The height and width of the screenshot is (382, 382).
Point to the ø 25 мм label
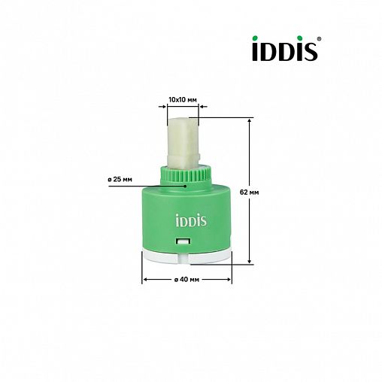point(120,179)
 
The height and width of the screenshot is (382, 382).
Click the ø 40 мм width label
point(186,280)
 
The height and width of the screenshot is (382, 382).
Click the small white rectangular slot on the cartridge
point(182,241)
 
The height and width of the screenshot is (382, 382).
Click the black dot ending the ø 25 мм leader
point(185,185)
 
